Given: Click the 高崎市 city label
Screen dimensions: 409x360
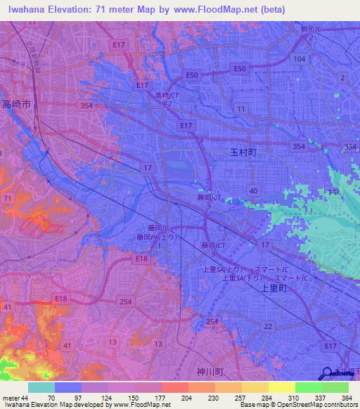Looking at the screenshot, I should pyautogui.click(x=16, y=104).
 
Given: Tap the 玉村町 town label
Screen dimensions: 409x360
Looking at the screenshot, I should pyautogui.click(x=244, y=152).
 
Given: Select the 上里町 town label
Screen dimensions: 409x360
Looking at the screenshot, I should pyautogui.click(x=270, y=287).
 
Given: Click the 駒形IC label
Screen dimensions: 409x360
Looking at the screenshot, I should pyautogui.click(x=310, y=30).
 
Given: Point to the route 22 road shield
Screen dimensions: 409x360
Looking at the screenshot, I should pyautogui.click(x=267, y=326).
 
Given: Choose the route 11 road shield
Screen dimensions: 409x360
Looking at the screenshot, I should pyautogui.click(x=241, y=108).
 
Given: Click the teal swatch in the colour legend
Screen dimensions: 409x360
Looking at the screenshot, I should pyautogui.click(x=41, y=388).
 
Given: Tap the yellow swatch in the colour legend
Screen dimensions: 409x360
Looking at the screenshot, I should pyautogui.click(x=281, y=388).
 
